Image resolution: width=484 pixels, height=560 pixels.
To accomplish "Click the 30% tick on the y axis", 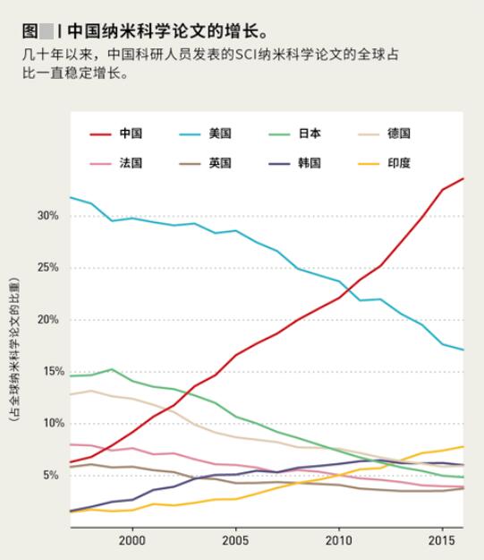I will click(47, 217).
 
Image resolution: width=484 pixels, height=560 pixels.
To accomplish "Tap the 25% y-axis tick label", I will click(47, 268).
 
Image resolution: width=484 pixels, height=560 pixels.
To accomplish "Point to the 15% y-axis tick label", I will click(47, 372).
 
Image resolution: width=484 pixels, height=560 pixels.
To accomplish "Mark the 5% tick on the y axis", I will click(49, 475).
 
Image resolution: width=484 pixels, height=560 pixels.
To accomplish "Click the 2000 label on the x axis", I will click(132, 542).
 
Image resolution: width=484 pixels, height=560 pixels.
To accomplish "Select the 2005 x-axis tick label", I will click(235, 542).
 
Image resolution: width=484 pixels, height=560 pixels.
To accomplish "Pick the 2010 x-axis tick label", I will click(339, 542).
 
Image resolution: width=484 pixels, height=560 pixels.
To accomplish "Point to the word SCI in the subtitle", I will click(245, 56).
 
